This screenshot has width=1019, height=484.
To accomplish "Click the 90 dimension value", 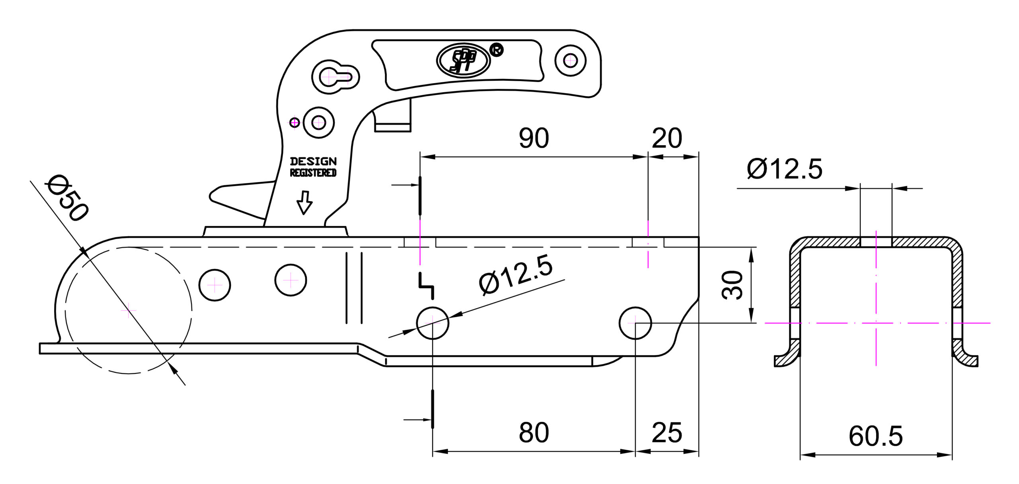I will pos(534,138).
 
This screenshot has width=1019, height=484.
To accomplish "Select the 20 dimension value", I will pos(667,138).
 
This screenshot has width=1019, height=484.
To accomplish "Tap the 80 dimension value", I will pos(534,433).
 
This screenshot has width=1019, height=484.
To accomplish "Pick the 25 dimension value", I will pos(667,433).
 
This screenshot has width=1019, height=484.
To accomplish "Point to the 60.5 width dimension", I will pos(876,436).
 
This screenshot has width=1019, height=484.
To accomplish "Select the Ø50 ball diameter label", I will pos(67,198).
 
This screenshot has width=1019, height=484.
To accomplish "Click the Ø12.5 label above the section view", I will pos(784,169).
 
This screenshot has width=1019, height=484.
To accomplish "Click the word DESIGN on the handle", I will pos(313,161).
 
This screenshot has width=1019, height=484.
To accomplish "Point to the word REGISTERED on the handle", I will pos(313,173).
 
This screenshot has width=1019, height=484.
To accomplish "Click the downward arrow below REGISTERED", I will pos(305,202).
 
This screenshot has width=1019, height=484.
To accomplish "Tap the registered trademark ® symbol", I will pos(497,50).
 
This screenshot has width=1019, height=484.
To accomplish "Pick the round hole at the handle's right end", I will pos(570,61).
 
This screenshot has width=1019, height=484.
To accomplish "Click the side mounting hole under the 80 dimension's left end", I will pos(433,323).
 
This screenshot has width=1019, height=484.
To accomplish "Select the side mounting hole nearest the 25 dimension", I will pos(635,323).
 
